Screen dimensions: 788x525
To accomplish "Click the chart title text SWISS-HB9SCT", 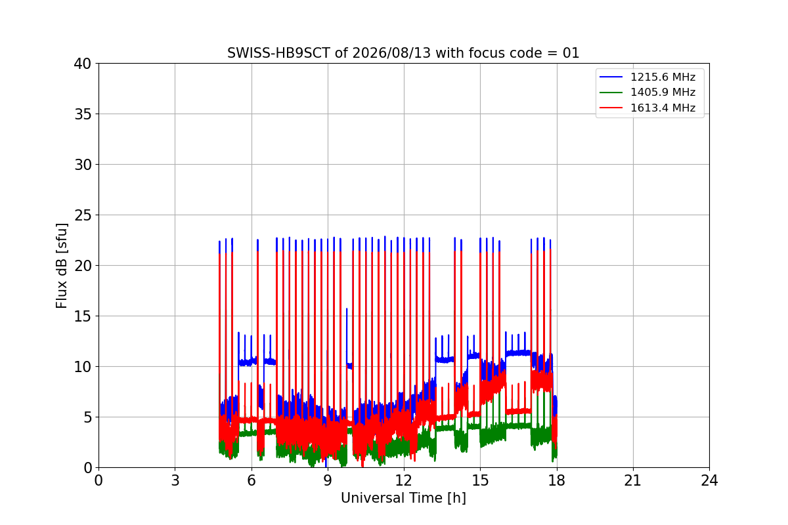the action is pos(278,53).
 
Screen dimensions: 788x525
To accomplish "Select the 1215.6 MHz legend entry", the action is pos(647,77).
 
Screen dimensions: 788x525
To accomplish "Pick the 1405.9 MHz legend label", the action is pos(663,92).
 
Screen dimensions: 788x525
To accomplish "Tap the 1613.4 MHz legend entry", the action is pos(647,108).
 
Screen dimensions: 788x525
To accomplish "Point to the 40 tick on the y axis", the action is pos(83,64).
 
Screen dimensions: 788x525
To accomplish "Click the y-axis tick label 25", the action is pos(83,215).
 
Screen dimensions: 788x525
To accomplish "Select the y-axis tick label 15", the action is pos(83,316).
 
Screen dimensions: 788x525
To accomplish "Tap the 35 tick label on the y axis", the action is pos(83,114).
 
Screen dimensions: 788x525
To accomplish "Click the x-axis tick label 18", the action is pos(557,480).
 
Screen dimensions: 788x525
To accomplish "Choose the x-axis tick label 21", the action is pos(633,480).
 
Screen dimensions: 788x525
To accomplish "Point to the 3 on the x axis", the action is pos(175,480).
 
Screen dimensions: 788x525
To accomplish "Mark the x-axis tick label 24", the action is pos(709,480).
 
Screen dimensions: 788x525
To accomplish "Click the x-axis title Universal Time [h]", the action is pos(403,498).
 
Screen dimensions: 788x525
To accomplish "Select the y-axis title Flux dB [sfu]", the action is pos(62,266).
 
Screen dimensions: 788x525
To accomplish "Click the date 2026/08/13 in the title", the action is pos(391,53).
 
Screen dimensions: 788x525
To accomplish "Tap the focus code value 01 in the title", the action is pos(571,53).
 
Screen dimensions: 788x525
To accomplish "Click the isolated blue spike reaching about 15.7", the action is pos(347,334).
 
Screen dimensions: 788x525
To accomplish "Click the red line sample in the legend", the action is pos(611,108).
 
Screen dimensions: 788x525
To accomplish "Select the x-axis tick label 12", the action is pos(403,480).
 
